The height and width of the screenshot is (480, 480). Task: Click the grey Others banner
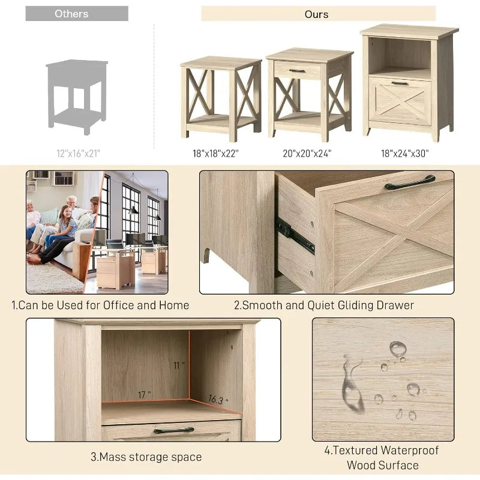(x=77, y=13)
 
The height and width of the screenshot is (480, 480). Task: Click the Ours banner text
(x=316, y=14)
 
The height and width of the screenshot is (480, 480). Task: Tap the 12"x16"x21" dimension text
(x=79, y=154)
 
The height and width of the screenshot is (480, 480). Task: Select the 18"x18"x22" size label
(x=215, y=154)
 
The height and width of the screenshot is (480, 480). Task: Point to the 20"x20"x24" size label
(x=307, y=154)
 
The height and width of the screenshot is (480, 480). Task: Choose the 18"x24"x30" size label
(x=404, y=154)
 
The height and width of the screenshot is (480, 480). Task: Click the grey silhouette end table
(x=77, y=97)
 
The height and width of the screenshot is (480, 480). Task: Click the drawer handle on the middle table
(x=297, y=71)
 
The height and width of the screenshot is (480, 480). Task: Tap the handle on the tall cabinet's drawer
(x=400, y=83)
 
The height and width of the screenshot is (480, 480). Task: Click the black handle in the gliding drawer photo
(x=410, y=182)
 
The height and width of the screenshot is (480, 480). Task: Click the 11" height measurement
(x=179, y=365)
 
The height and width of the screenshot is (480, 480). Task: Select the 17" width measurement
(x=144, y=395)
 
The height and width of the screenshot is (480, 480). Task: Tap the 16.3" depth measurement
(x=218, y=400)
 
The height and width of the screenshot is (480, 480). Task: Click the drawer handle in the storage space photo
(x=174, y=430)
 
